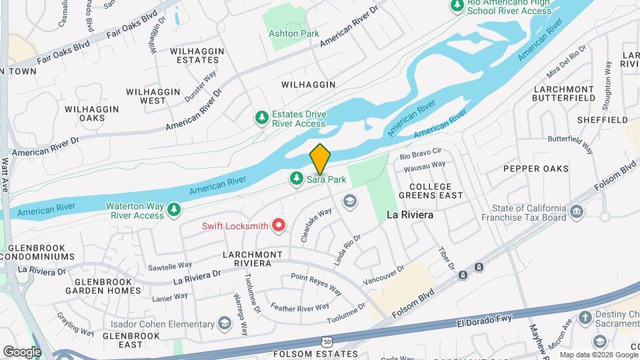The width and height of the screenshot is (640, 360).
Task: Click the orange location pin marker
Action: point(320,159)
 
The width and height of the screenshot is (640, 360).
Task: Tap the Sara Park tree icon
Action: point(297,179)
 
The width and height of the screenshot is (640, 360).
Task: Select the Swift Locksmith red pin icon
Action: point(279,226)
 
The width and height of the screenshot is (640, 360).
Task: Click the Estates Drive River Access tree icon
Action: point(263,118)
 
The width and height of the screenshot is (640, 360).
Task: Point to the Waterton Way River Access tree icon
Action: point(174,211)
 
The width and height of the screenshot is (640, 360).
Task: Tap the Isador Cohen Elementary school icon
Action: point(225,324)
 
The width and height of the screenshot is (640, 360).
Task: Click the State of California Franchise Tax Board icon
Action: point(577,212)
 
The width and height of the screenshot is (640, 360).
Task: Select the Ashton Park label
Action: point(293,33)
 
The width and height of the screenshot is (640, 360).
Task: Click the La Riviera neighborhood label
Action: point(410,215)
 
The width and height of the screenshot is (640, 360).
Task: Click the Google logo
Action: point(21,351)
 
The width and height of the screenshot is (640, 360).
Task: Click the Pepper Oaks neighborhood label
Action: point(536,169)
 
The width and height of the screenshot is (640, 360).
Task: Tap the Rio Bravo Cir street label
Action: point(421,153)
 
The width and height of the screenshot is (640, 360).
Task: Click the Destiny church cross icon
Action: point(585,317)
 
